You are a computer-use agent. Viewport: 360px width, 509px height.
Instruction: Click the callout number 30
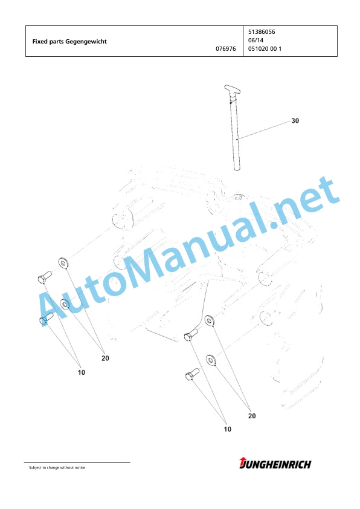click(x=295, y=121)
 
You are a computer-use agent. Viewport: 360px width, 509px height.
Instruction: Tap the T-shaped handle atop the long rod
click(x=232, y=90)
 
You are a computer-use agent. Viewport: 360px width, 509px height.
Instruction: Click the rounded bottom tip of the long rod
click(x=237, y=168)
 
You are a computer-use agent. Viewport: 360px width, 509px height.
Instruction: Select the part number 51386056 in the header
click(x=262, y=32)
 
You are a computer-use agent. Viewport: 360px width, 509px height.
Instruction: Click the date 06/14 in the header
click(x=256, y=41)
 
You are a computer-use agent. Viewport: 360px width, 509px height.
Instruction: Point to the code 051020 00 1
click(x=265, y=49)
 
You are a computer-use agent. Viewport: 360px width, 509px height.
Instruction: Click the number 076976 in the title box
click(x=226, y=49)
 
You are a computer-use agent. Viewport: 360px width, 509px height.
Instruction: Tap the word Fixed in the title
click(x=40, y=41)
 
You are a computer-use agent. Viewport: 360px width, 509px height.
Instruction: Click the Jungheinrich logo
click(x=275, y=463)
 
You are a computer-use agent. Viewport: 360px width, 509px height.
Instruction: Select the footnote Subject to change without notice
click(x=57, y=467)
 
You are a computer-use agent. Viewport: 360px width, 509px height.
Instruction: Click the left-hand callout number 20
click(x=105, y=358)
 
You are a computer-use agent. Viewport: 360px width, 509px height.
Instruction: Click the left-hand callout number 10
click(x=82, y=372)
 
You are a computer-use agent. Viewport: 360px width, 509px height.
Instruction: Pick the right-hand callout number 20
click(x=252, y=416)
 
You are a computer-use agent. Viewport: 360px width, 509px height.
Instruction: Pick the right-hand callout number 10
click(x=228, y=429)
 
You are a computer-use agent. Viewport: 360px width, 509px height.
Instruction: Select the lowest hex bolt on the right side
click(x=192, y=374)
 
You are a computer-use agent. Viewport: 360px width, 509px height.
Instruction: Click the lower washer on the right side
click(x=211, y=360)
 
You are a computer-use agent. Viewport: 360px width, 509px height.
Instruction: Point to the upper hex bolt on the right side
click(x=191, y=335)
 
